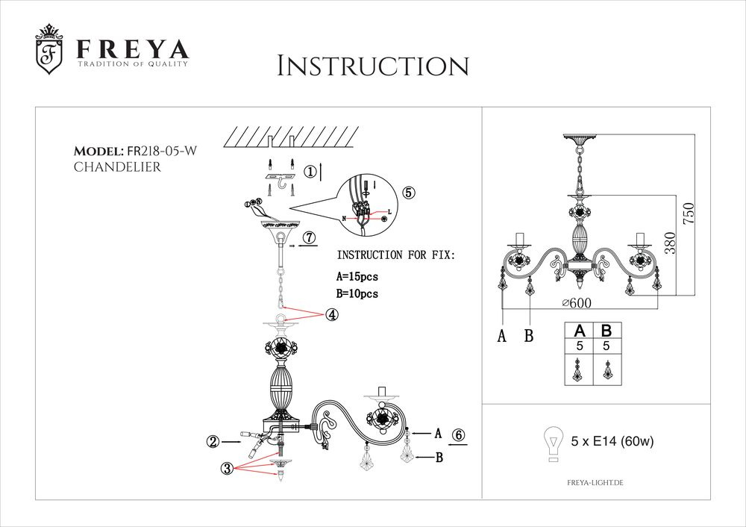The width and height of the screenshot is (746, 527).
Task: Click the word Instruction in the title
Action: click(x=372, y=66)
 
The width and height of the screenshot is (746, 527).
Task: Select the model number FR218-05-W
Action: click(x=163, y=151)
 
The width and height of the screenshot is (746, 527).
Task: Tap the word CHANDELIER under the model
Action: click(x=117, y=167)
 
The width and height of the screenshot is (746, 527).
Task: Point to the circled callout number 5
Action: click(x=408, y=191)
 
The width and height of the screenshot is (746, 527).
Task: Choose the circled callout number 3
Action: click(x=227, y=468)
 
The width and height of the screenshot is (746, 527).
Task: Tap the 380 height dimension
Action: click(x=670, y=244)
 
